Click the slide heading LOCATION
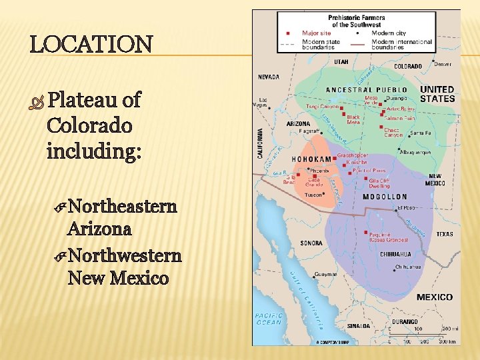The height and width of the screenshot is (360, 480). click(91, 45)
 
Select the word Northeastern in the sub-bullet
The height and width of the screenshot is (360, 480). click(122, 205)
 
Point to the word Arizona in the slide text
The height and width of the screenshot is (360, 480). click(99, 229)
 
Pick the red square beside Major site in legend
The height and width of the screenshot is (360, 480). click(288, 33)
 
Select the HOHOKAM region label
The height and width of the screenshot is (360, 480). click(311, 159)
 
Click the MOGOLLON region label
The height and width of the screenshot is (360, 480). click(385, 197)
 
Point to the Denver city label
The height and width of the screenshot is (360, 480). click(442, 64)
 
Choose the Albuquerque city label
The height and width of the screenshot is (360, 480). click(415, 153)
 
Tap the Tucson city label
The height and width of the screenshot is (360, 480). click(313, 195)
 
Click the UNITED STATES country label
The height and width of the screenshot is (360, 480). click(437, 94)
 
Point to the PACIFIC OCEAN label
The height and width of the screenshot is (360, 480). click(269, 319)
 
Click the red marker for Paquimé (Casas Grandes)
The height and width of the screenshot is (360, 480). click(367, 233)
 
